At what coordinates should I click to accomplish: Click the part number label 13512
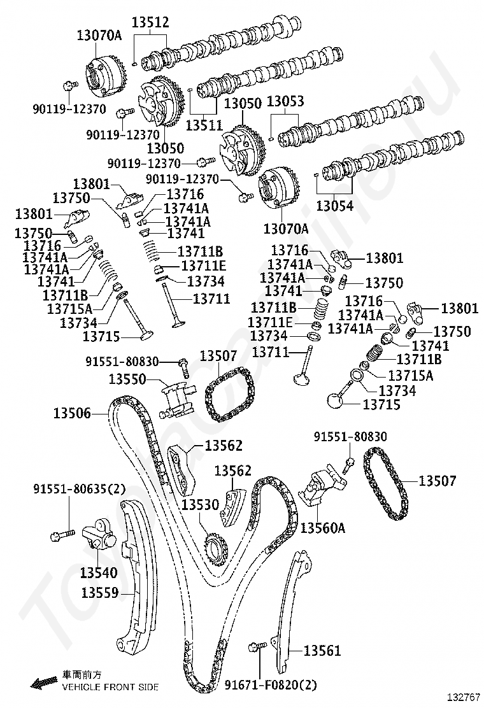(150, 22)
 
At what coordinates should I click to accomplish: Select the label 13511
(204, 125)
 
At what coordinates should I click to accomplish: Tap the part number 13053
(285, 101)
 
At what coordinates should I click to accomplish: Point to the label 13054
(334, 206)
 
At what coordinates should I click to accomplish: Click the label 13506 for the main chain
(72, 413)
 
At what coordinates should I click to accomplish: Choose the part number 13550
(127, 379)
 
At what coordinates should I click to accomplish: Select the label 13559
(100, 592)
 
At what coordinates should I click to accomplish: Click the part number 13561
(322, 650)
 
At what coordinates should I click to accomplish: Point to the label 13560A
(322, 527)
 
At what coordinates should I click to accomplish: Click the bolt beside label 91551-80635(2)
(62, 535)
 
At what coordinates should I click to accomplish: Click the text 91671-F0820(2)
(271, 684)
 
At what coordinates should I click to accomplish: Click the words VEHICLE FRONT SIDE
(110, 687)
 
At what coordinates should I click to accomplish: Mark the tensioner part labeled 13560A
(324, 485)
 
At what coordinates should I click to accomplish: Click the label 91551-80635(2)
(79, 489)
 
